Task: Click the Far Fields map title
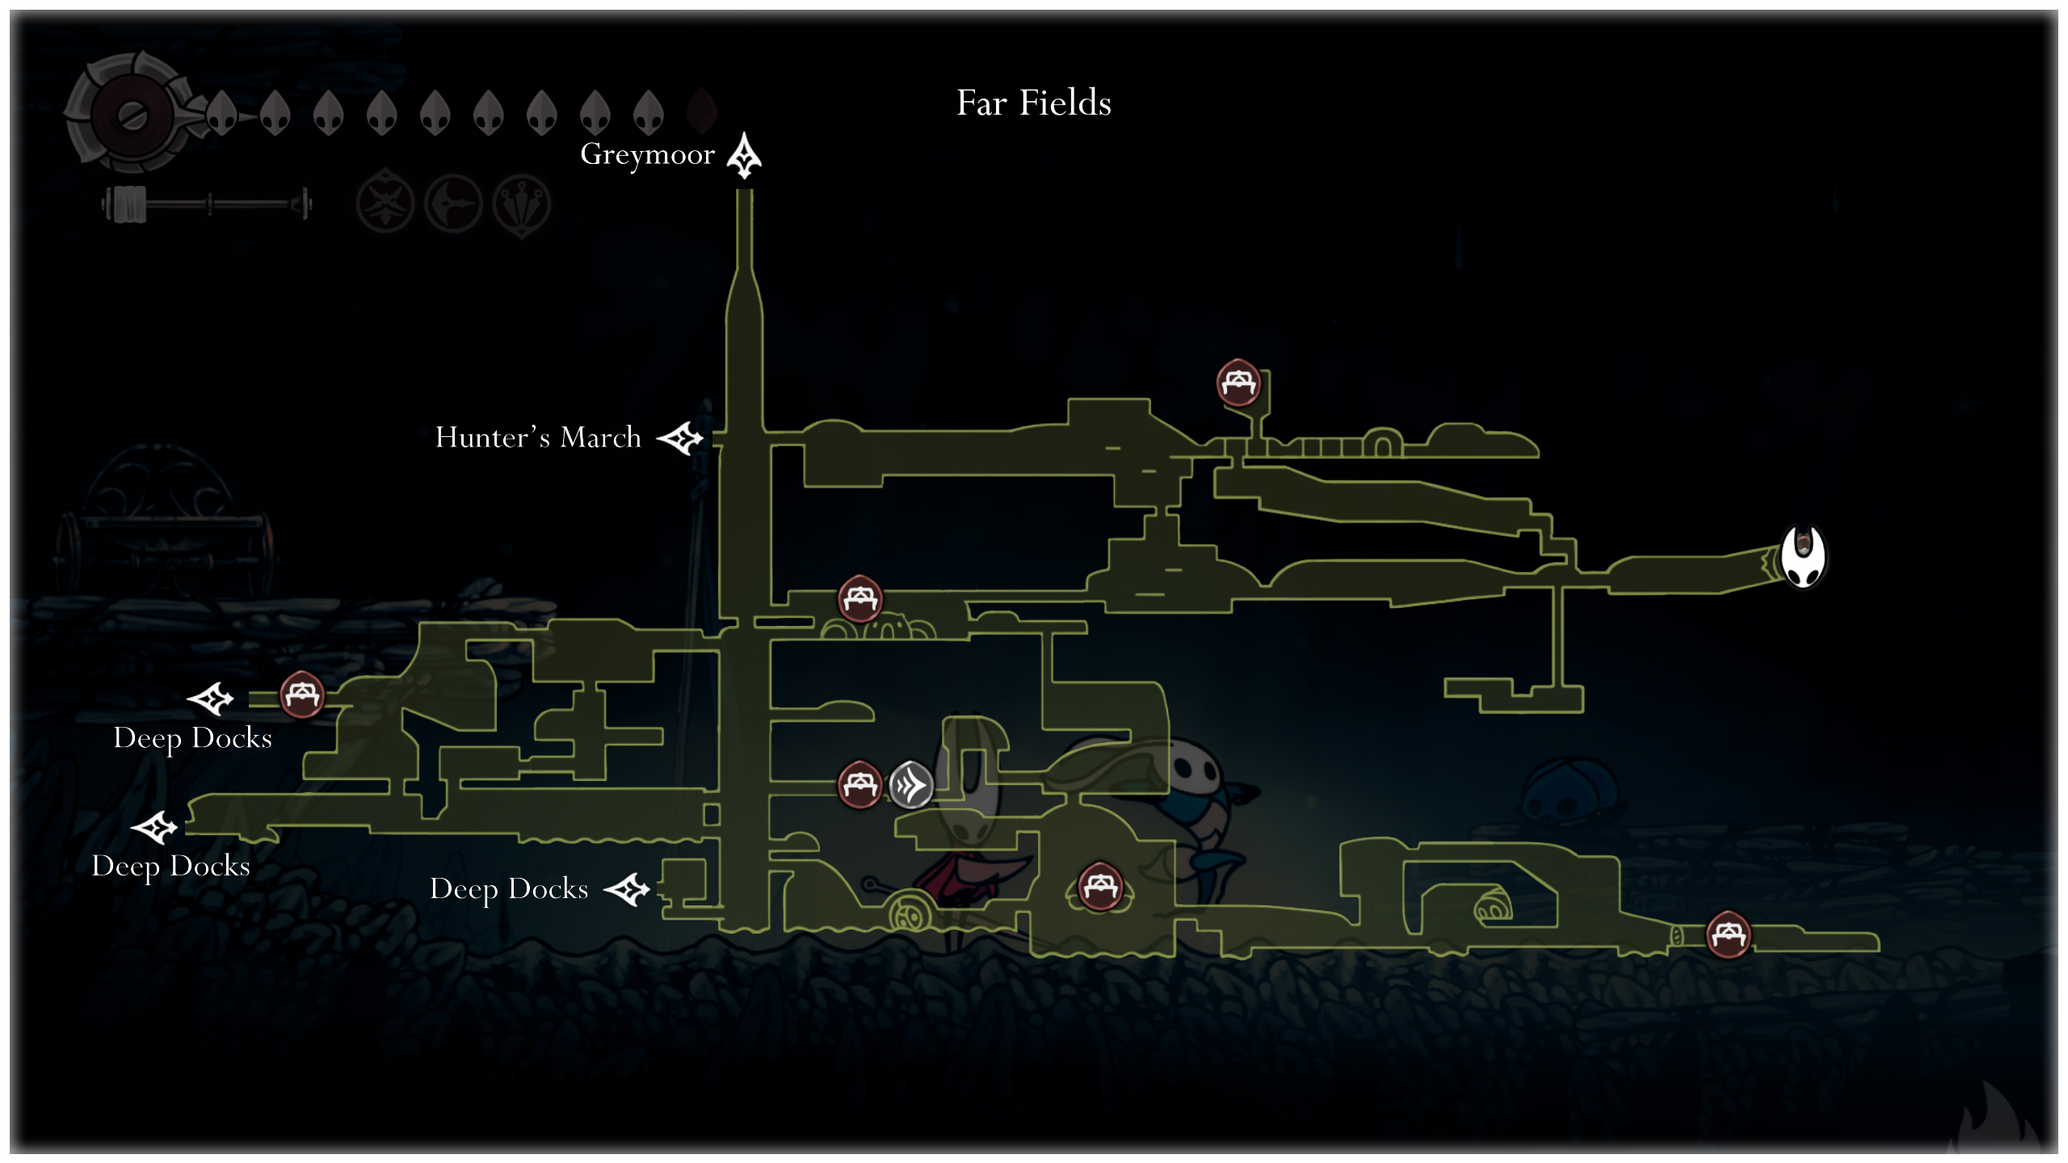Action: [x=1033, y=103]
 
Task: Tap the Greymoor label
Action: [x=647, y=154]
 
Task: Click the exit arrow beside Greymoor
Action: [x=744, y=156]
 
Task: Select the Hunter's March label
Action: [x=538, y=438]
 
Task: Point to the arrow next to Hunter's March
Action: [x=680, y=439]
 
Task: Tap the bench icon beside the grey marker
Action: [x=860, y=784]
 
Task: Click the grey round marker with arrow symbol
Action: [x=910, y=784]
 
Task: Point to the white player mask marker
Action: [x=1803, y=557]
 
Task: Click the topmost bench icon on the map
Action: [x=1238, y=382]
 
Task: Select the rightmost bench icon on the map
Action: [x=1728, y=934]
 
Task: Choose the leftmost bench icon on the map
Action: [x=302, y=695]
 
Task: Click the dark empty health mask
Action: [x=701, y=111]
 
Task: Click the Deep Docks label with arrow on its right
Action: [x=509, y=889]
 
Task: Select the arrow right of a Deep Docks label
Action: [x=628, y=889]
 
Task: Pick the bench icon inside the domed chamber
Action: [x=1099, y=887]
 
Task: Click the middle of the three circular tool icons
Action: [x=453, y=204]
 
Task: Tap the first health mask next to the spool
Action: [x=222, y=113]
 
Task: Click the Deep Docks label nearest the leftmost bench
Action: [x=192, y=738]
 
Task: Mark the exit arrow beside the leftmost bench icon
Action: [x=211, y=698]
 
